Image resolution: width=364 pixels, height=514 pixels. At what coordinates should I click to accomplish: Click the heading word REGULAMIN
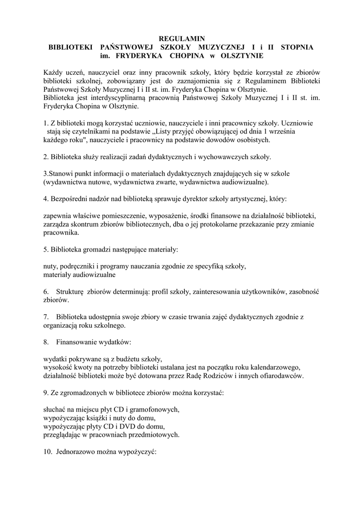[182, 39]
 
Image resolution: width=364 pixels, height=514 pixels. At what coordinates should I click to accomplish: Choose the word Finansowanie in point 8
[77, 342]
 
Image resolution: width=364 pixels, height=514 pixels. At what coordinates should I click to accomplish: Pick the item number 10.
[47, 452]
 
